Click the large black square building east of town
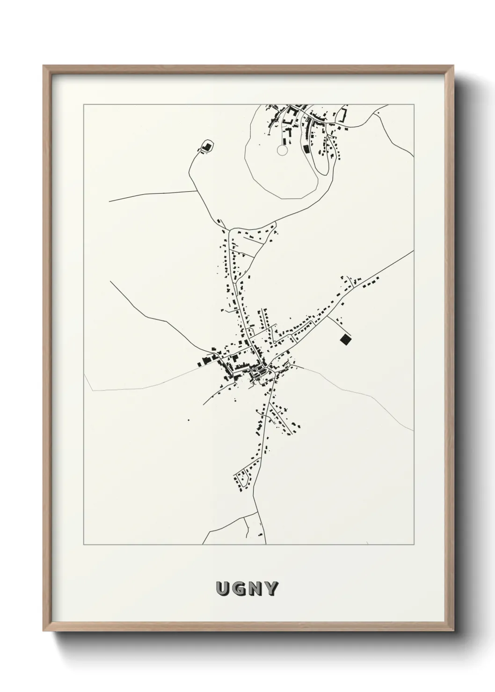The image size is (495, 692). point(345,339)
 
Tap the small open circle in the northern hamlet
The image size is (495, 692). point(281,150)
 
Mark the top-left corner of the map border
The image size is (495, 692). point(84,105)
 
